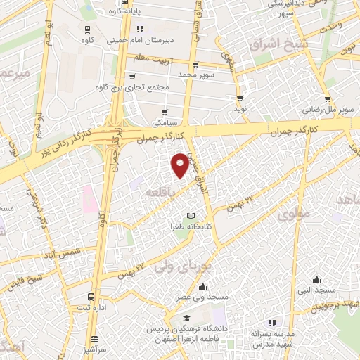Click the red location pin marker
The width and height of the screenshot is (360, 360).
pos(181,165)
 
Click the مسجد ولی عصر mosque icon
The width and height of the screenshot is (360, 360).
pos(202,286)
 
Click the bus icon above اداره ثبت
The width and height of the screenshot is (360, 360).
pos(91,297)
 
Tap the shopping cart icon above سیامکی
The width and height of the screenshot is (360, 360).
pos(165,111)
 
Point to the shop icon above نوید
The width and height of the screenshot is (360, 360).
pos(240,98)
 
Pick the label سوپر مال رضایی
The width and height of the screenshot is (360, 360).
pos(328,110)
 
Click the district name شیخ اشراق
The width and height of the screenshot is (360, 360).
pos(278,45)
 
